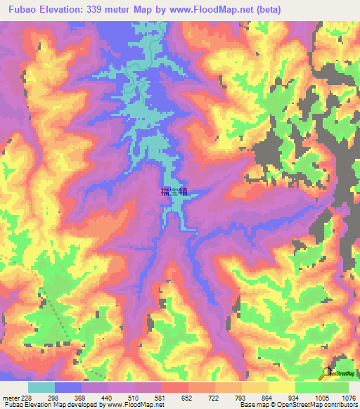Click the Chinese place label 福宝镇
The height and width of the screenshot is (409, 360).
coord(174,190)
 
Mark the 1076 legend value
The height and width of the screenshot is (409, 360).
coord(347,398)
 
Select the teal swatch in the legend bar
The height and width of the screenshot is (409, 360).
coord(41,387)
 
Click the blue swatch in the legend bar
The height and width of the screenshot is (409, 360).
coord(68,387)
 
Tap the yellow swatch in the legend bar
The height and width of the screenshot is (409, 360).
coord(281,387)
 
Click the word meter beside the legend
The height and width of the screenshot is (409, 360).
coord(8,398)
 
